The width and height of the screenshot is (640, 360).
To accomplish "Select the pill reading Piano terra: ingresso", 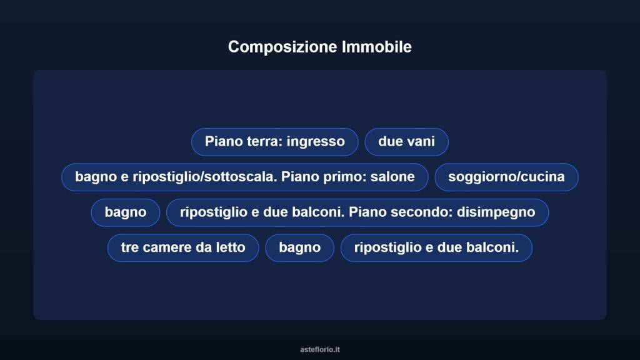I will click(x=274, y=142).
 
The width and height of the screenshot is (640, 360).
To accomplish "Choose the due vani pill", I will click(x=406, y=142).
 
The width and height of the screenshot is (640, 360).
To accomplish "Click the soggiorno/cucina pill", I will click(x=506, y=177).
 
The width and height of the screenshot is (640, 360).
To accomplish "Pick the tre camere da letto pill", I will click(x=183, y=247).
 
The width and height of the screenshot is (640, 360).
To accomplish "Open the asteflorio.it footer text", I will click(x=320, y=349).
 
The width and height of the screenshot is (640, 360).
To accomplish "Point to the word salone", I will click(x=392, y=177).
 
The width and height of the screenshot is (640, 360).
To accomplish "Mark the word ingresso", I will click(x=316, y=142).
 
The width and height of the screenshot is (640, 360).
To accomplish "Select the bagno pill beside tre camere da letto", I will click(x=299, y=247).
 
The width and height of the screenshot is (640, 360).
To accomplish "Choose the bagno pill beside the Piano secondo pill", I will click(x=125, y=212).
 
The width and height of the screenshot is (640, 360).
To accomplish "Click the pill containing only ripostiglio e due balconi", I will click(x=436, y=247).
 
